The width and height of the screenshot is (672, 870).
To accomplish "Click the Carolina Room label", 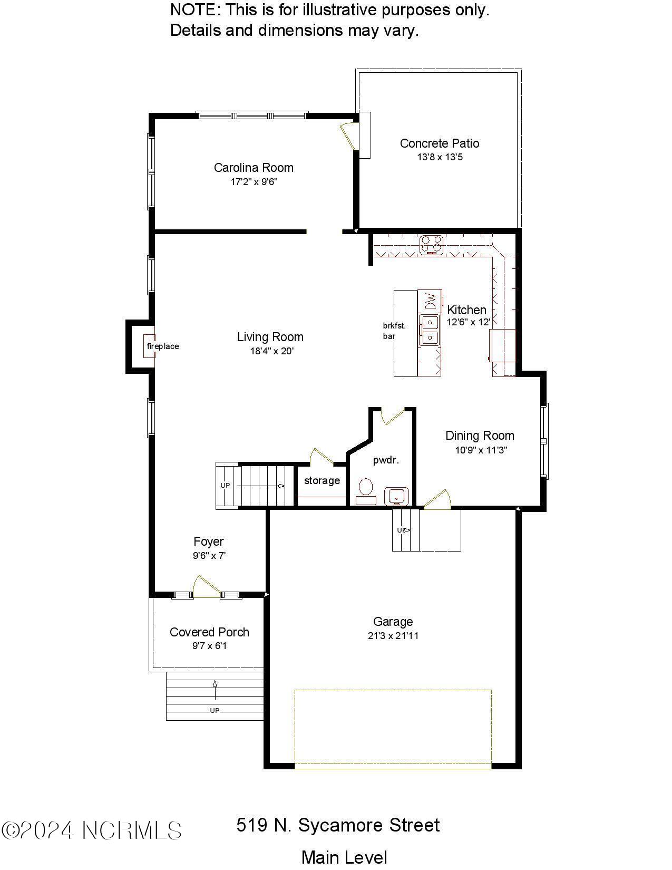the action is [x=254, y=167].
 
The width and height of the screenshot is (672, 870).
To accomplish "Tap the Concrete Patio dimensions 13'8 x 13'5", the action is [x=440, y=157].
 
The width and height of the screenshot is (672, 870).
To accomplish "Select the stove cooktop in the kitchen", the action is [x=432, y=245].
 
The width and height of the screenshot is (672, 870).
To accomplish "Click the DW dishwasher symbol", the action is [x=430, y=301].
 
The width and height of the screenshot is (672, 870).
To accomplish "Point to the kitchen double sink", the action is [x=429, y=330].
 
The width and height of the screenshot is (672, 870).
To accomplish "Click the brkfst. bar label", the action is [x=394, y=331].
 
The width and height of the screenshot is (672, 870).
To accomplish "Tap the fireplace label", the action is [x=163, y=346].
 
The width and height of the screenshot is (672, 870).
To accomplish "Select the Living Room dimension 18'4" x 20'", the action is [x=272, y=351].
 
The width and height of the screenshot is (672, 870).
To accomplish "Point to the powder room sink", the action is [x=396, y=497].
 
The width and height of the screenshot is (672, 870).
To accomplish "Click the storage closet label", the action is [x=322, y=480].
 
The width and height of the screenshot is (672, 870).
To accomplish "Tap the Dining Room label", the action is [x=480, y=436].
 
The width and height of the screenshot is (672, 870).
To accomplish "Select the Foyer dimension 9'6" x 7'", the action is [x=209, y=555].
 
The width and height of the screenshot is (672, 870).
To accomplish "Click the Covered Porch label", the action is [x=209, y=632].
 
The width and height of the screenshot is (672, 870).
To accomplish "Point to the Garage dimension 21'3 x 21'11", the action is [x=393, y=635].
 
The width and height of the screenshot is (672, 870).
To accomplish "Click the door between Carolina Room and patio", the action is [x=349, y=136].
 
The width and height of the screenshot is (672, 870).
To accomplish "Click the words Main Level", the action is [x=344, y=857].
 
